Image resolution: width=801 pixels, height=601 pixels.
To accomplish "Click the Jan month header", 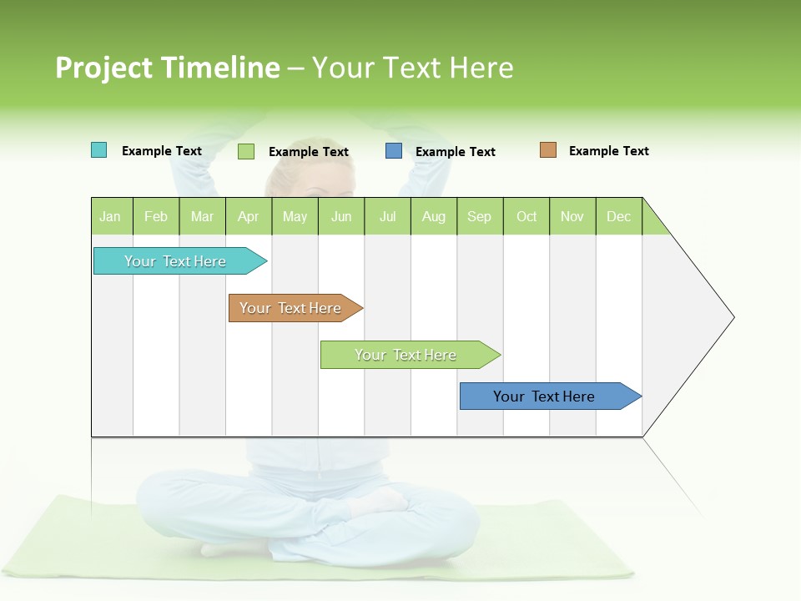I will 111,216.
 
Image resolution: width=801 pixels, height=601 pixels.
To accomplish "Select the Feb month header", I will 156,216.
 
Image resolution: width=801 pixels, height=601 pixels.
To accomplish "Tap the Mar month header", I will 202,216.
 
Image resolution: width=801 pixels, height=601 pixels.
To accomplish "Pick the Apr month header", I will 249,216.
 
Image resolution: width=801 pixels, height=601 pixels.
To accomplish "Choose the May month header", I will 295,216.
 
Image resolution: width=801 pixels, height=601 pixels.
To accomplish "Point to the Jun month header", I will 341,216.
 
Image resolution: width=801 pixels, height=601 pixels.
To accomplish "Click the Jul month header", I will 387,216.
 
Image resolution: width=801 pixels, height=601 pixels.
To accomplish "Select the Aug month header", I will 434,216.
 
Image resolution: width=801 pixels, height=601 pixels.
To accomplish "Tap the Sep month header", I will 480,216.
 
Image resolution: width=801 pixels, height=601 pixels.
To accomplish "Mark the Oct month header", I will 526,216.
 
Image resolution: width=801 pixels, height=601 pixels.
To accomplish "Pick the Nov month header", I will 572,216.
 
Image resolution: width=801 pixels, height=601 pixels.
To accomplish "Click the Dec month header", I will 619,216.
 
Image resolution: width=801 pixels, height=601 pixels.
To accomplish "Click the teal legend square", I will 99,150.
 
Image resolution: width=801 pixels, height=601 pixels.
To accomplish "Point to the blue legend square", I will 394,151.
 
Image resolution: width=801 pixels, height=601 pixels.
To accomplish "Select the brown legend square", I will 548,150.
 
